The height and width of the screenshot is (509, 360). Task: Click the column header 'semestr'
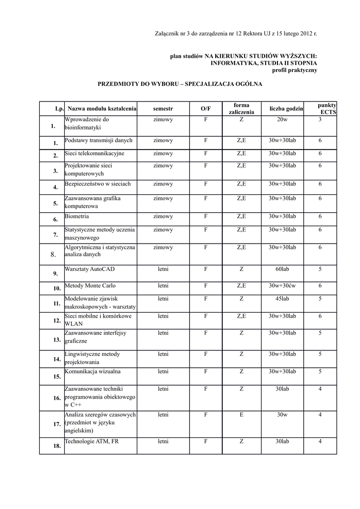[x=163, y=108]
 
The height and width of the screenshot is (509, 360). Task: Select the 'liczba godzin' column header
[x=286, y=108]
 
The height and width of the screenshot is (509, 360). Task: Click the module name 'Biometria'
[x=77, y=217]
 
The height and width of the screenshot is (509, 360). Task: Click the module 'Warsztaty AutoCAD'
[x=90, y=269]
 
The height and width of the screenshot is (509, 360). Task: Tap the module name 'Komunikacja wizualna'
[x=92, y=371]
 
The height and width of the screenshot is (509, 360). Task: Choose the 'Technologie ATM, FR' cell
[x=92, y=441]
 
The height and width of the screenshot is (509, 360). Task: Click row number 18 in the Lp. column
[x=57, y=446]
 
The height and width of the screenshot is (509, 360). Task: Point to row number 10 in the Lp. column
[x=57, y=288]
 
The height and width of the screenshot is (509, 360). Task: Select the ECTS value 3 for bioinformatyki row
[x=320, y=120]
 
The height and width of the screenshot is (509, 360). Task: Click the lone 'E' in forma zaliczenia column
[x=241, y=415]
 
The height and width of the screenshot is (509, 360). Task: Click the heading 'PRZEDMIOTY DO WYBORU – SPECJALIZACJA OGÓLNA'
[x=180, y=85]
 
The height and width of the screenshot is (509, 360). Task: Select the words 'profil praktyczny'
[x=294, y=70]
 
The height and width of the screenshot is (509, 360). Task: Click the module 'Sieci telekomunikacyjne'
[x=94, y=153]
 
